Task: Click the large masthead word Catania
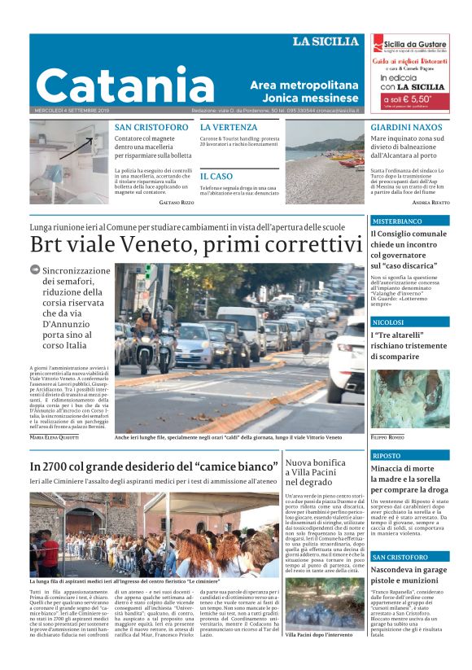click(x=125, y=85)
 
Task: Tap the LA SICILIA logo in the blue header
click(x=326, y=42)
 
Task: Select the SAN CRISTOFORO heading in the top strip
click(x=151, y=128)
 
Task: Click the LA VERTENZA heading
click(x=229, y=128)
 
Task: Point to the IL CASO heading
click(x=216, y=176)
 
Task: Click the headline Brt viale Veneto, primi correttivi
click(x=195, y=245)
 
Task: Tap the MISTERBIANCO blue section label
click(x=397, y=221)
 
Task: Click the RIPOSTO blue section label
click(x=387, y=456)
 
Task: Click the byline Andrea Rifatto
click(x=430, y=201)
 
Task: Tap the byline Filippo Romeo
click(x=389, y=437)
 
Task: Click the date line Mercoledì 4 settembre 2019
click(x=68, y=112)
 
